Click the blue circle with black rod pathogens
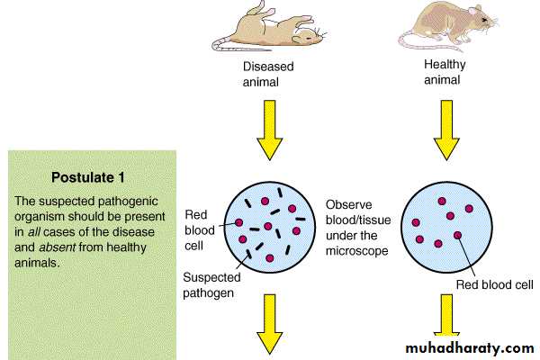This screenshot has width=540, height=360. (x=267, y=226)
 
